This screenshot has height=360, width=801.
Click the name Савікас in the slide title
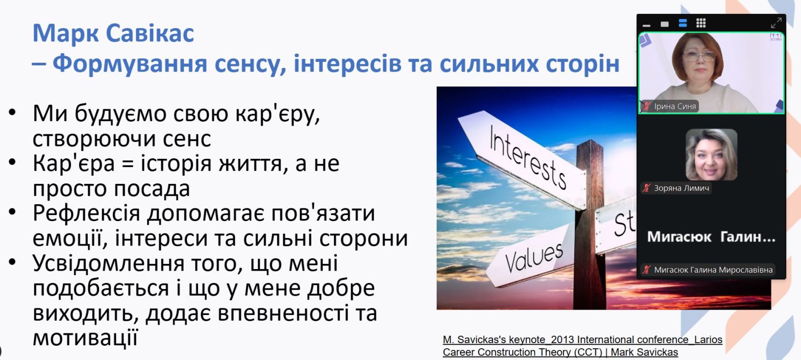click(x=150, y=33)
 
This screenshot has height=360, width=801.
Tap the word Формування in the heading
click(x=130, y=64)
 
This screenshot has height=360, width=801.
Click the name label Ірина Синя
click(x=675, y=107)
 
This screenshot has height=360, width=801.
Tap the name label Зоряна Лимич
click(x=681, y=188)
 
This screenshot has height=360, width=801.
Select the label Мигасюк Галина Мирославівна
click(x=713, y=270)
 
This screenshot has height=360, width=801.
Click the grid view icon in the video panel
click(x=701, y=23)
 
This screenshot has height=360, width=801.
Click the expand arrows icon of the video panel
click(x=776, y=23)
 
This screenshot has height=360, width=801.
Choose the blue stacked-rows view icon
click(x=682, y=23)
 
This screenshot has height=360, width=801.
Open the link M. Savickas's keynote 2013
click(x=582, y=339)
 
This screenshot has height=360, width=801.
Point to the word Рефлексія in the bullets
click(x=86, y=213)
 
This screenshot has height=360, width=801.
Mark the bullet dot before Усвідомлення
click(x=12, y=262)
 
